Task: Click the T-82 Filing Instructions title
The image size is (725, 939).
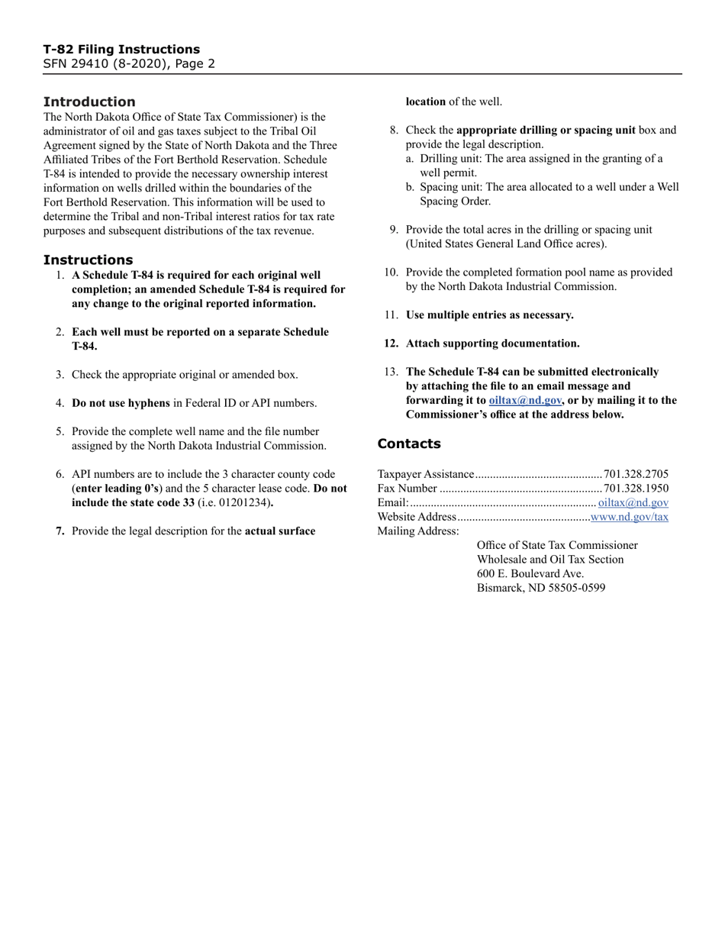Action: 121,50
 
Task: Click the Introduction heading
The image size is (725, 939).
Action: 89,102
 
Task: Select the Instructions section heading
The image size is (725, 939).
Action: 88,260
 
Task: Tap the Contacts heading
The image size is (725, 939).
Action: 409,444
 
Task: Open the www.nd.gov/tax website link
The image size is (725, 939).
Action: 630,517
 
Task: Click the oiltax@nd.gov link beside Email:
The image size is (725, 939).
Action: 633,502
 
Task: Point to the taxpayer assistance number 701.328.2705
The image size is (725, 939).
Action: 636,474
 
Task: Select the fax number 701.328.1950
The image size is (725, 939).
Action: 636,489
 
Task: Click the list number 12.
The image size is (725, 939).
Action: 391,344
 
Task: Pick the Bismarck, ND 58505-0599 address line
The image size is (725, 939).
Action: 540,588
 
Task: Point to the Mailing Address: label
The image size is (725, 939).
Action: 418,531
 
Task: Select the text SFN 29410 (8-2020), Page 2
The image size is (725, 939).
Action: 129,64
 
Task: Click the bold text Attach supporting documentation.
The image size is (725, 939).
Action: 492,344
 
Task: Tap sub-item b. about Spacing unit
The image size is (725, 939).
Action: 542,194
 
